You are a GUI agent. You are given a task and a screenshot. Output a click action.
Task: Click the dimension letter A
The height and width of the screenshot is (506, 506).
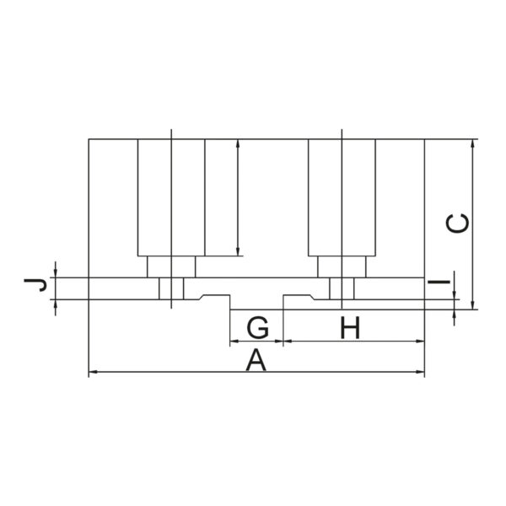[x=256, y=360]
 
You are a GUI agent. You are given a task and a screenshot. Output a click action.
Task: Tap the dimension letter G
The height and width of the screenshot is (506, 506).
[x=257, y=327]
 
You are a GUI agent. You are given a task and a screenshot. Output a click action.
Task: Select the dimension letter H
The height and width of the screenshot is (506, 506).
[x=350, y=327]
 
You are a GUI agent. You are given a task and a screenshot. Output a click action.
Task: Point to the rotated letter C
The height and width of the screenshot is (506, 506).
[x=457, y=223]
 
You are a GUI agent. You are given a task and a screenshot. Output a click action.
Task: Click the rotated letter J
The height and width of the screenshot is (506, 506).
[x=35, y=285]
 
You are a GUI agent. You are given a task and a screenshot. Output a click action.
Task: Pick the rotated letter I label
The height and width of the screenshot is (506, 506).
[x=439, y=282]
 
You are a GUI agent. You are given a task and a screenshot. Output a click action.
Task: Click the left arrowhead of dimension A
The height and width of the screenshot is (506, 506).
[x=93, y=372]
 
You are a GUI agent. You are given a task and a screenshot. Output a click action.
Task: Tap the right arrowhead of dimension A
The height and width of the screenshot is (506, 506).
[x=420, y=372]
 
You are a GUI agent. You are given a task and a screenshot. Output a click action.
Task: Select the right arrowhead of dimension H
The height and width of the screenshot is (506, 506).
[x=420, y=341]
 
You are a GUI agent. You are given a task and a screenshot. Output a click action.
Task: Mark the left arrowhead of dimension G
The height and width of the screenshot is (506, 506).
[x=234, y=341]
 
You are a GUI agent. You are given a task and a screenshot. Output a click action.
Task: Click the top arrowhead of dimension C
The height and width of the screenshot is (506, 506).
[x=473, y=144]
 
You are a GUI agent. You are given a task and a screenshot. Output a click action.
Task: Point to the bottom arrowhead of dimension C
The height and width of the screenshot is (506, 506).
[x=473, y=305]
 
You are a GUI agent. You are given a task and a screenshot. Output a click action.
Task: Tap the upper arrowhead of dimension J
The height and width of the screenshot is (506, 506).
[x=56, y=272]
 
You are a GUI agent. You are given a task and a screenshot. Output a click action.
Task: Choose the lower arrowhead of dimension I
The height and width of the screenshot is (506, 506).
[x=454, y=314]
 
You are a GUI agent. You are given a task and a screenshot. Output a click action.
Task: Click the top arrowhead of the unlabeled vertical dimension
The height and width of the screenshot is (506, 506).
[x=238, y=144]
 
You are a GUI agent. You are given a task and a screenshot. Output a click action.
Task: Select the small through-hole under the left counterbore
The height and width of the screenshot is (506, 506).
[x=171, y=288]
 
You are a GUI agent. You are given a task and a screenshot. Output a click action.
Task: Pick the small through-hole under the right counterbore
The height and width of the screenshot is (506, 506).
[x=342, y=288]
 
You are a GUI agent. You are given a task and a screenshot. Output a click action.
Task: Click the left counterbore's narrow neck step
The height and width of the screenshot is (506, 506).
[x=171, y=266]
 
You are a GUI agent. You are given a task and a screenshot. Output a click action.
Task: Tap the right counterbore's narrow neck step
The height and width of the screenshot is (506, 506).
[x=342, y=266]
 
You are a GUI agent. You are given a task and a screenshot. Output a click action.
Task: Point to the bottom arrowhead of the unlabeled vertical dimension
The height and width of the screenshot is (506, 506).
[x=238, y=251]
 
